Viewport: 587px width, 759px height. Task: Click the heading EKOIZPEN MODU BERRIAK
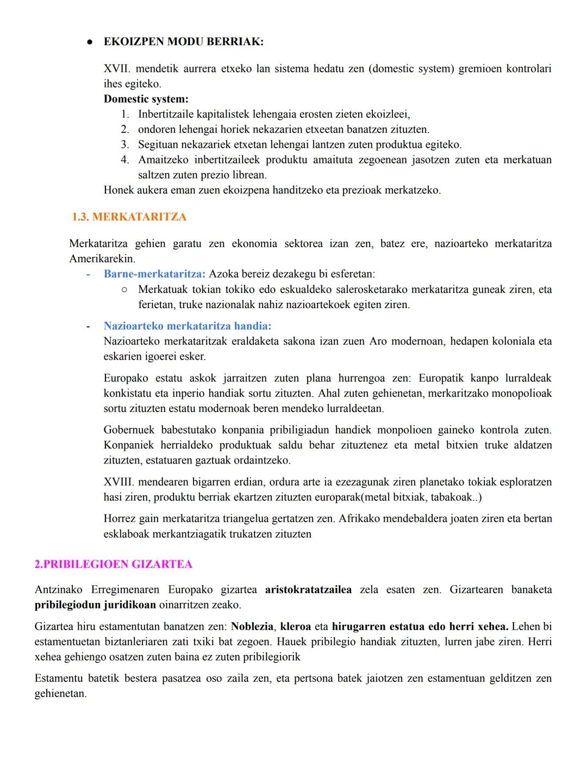click(x=183, y=42)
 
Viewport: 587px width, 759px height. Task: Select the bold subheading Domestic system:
click(x=146, y=99)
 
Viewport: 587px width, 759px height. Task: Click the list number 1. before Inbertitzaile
click(x=125, y=114)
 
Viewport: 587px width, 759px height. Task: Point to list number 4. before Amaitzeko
click(x=125, y=160)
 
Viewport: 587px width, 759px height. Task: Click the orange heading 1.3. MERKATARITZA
click(x=129, y=217)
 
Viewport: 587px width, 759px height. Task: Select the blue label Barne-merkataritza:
click(x=154, y=274)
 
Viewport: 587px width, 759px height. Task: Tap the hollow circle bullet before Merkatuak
click(x=124, y=290)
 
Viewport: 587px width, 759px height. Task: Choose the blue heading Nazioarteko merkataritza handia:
click(x=187, y=326)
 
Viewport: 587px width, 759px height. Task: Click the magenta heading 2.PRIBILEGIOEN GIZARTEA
click(x=113, y=564)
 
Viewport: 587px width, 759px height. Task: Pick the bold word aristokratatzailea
click(x=308, y=589)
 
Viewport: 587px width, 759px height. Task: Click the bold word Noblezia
click(x=252, y=626)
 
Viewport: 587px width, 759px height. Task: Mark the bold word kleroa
click(x=295, y=626)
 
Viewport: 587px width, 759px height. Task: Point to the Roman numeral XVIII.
click(x=119, y=482)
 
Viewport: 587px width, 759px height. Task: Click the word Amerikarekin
click(x=102, y=259)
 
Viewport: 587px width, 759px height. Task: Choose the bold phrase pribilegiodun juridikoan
click(x=95, y=605)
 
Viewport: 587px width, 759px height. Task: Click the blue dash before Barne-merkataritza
click(x=88, y=274)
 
